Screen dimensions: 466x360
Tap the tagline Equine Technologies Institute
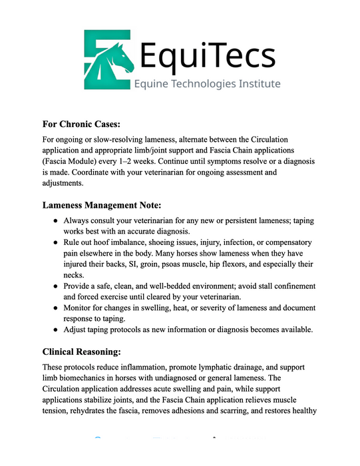coord(207,84)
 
